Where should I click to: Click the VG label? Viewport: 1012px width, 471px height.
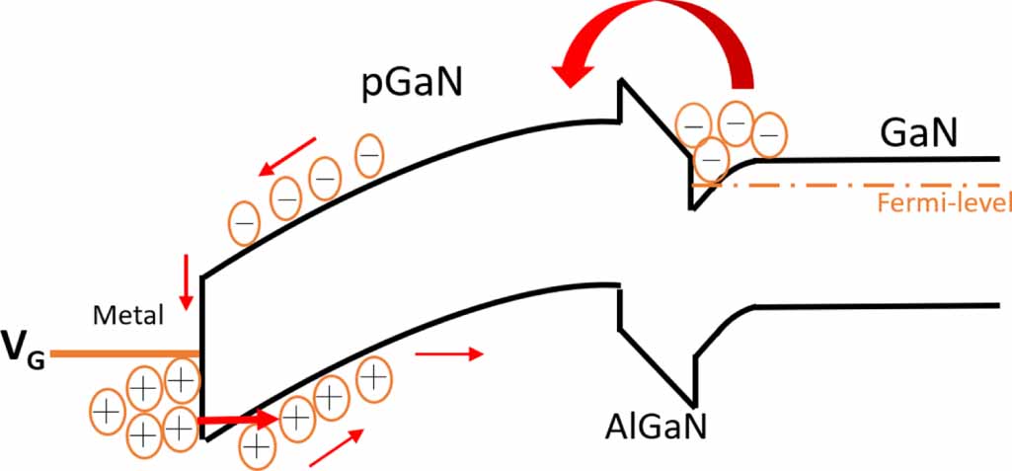click(x=22, y=353)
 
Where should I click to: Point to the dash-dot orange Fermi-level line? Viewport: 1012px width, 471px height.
click(x=869, y=185)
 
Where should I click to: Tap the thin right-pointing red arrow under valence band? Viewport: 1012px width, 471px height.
click(x=448, y=353)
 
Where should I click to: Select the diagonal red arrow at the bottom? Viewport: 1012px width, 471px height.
click(x=335, y=448)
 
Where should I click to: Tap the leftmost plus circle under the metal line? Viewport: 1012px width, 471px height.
click(x=107, y=407)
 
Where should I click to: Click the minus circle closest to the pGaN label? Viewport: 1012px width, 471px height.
click(x=369, y=158)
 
